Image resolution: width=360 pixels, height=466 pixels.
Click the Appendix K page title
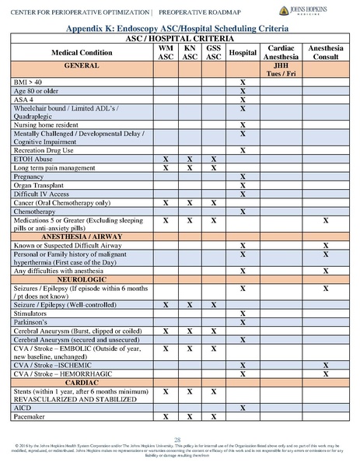(180, 26)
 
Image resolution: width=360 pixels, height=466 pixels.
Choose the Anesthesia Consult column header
(325, 52)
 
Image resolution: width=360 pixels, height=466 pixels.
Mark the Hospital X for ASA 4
(243, 100)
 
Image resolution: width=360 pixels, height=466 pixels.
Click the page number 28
(180, 440)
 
